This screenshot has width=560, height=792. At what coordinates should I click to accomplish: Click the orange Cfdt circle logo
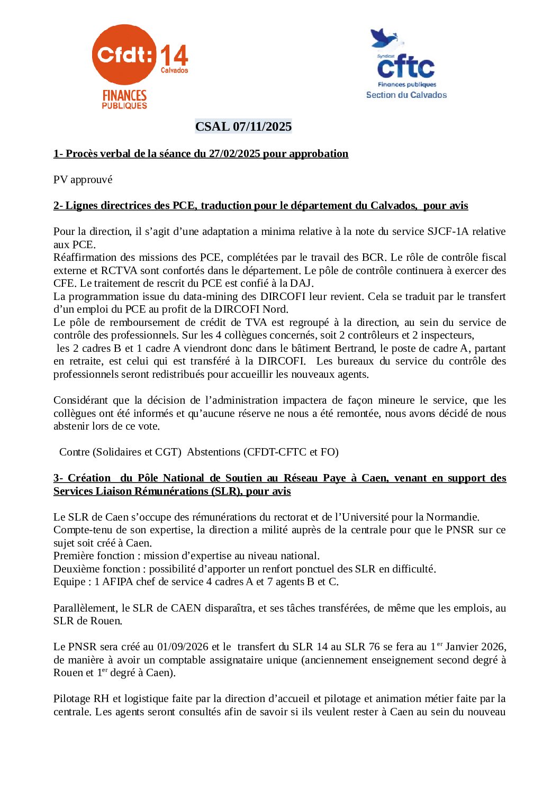pos(124,54)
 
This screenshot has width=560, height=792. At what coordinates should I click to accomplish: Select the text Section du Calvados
pos(406,95)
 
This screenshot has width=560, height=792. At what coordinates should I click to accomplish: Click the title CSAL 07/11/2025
pos(243,126)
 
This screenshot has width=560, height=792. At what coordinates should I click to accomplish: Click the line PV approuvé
pos(83,180)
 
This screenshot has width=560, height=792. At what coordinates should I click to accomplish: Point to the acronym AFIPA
pos(118,582)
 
